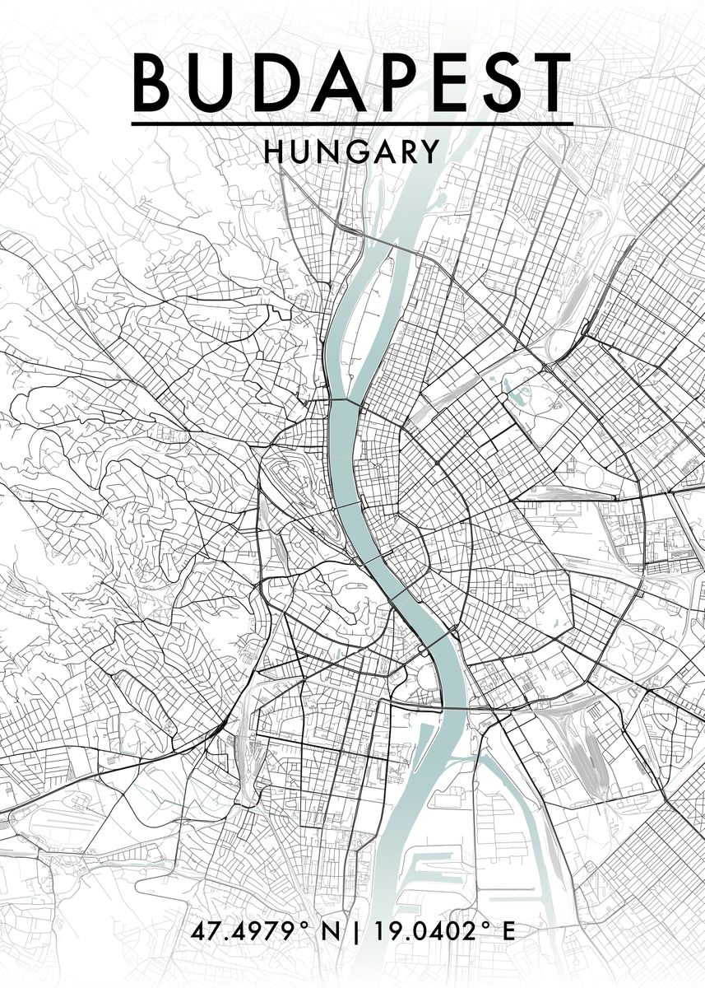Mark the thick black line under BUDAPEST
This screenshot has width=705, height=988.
352,123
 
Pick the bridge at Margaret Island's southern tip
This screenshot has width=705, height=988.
346,403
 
